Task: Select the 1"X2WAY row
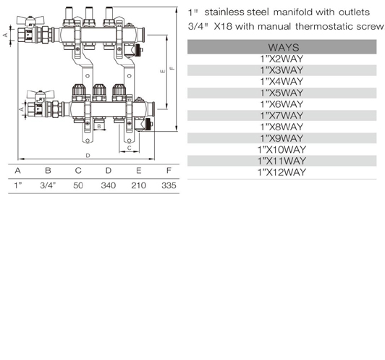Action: click(x=282, y=59)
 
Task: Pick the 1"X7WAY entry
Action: click(x=282, y=115)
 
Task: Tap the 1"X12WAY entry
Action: click(x=282, y=172)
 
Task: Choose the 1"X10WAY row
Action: click(x=282, y=149)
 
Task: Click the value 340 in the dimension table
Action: click(x=109, y=185)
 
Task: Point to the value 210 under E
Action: click(x=138, y=185)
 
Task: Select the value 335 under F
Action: click(x=169, y=185)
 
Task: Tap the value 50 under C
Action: click(x=78, y=185)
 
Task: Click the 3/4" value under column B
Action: click(x=48, y=185)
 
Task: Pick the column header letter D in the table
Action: click(x=109, y=170)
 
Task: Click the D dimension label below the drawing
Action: click(x=88, y=156)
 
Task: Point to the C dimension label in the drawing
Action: click(x=130, y=148)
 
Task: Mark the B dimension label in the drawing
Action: click(x=99, y=126)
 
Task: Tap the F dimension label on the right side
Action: click(x=172, y=68)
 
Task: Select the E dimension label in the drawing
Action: click(x=163, y=71)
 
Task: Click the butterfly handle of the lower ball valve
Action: click(x=41, y=94)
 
